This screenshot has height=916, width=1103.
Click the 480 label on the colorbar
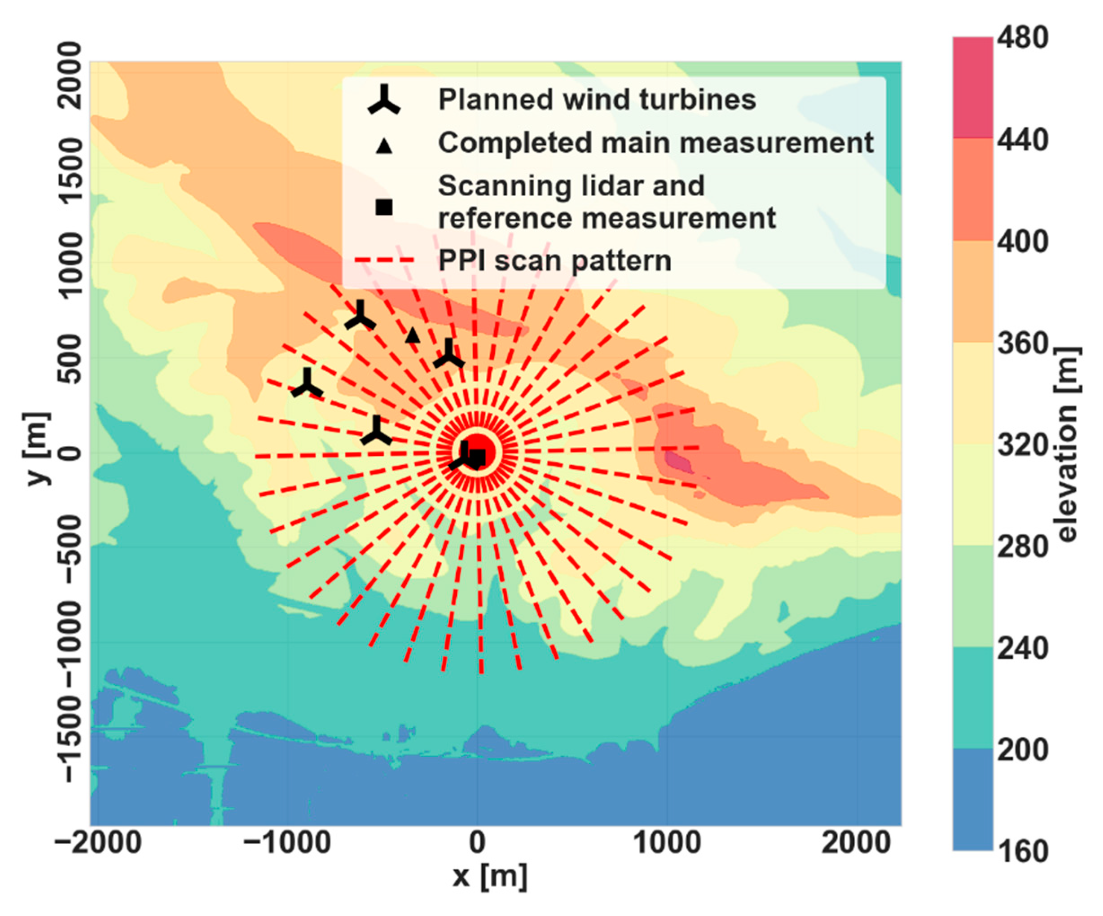click(x=1022, y=39)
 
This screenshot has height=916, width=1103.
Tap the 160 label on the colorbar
click(x=1022, y=851)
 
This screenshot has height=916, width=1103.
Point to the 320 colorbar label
click(x=1022, y=445)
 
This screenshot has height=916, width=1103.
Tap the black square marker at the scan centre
click(x=478, y=458)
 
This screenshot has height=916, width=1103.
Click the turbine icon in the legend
click(x=384, y=100)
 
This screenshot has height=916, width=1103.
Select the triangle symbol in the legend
click(x=384, y=145)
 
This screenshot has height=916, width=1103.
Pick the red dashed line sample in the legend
click(x=384, y=260)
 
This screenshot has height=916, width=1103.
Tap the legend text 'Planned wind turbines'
click(x=597, y=100)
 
